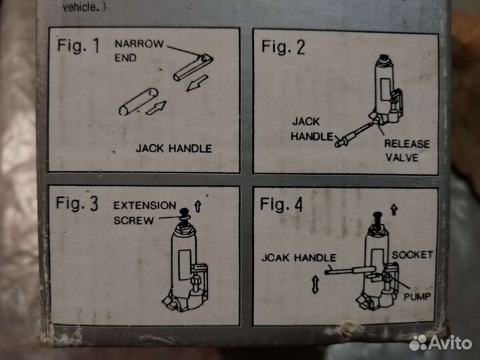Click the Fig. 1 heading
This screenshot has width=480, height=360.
pyautogui.click(x=79, y=46)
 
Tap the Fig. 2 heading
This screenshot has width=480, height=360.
pyautogui.click(x=283, y=47)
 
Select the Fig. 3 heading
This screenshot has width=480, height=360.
pyautogui.click(x=77, y=203)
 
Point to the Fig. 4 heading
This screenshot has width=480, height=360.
pyautogui.click(x=281, y=205)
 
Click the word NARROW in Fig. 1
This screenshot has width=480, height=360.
pyautogui.click(x=139, y=44)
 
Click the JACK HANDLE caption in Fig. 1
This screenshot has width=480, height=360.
pyautogui.click(x=174, y=149)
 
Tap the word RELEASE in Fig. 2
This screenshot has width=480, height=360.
pyautogui.click(x=407, y=144)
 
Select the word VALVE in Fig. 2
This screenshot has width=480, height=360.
pyautogui.click(x=402, y=157)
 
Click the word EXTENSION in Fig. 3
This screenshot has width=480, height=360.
pyautogui.click(x=145, y=205)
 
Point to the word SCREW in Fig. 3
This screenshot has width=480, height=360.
pyautogui.click(x=134, y=221)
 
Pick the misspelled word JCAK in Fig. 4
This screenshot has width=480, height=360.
pyautogui.click(x=275, y=257)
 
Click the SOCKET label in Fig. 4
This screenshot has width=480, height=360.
pyautogui.click(x=413, y=255)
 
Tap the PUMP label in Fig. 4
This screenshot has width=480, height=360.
pyautogui.click(x=417, y=296)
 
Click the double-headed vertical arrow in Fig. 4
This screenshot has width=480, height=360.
pyautogui.click(x=315, y=285)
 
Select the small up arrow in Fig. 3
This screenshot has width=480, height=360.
pyautogui.click(x=198, y=206)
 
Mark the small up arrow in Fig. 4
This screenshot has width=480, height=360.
pyautogui.click(x=394, y=210)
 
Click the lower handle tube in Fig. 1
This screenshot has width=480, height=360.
pyautogui.click(x=139, y=102)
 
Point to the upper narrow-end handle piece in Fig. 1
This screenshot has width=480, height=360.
pyautogui.click(x=193, y=67)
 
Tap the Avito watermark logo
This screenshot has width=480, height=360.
pyautogui.click(x=441, y=343)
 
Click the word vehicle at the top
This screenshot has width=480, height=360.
pyautogui.click(x=80, y=7)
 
